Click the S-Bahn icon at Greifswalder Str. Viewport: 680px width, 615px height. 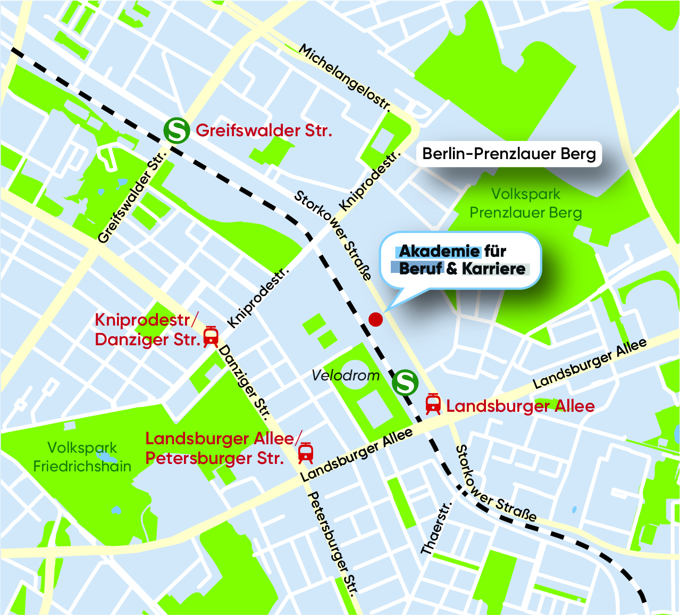tap(176, 130)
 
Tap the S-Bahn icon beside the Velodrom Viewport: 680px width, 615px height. tap(405, 382)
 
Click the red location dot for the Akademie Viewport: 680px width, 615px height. tap(375, 319)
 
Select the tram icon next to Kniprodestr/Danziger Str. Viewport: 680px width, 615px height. tap(211, 336)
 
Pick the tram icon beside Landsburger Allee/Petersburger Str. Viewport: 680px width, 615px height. tap(305, 453)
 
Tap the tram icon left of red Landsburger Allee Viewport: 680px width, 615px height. tap(433, 404)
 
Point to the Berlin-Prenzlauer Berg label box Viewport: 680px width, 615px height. tap(509, 154)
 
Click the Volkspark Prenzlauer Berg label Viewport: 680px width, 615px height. tap(525, 204)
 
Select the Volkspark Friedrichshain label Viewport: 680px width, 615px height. tap(82, 457)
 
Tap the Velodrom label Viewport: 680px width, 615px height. tap(346, 376)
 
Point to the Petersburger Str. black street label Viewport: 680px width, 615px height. tap(333, 543)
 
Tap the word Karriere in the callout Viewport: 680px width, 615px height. tap(493, 269)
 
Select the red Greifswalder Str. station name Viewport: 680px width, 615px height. tap(264, 130)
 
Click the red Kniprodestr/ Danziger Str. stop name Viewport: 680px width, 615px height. tap(147, 330)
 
